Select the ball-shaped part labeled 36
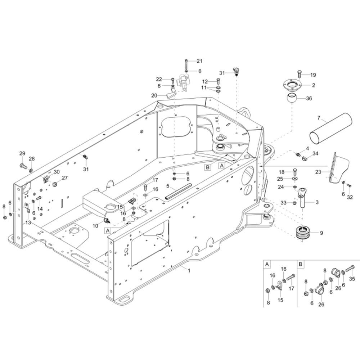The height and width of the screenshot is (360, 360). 292,98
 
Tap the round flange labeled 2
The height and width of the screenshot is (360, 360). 291,85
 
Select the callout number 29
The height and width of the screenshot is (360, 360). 22,154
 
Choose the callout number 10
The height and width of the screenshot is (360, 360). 95,226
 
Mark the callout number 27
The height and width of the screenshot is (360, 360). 65,178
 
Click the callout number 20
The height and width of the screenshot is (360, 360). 154,96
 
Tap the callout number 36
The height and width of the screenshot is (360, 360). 309,98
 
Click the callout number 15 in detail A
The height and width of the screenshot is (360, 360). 280,300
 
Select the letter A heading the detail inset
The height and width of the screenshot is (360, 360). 267,264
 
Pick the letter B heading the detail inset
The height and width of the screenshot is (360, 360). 301,264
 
